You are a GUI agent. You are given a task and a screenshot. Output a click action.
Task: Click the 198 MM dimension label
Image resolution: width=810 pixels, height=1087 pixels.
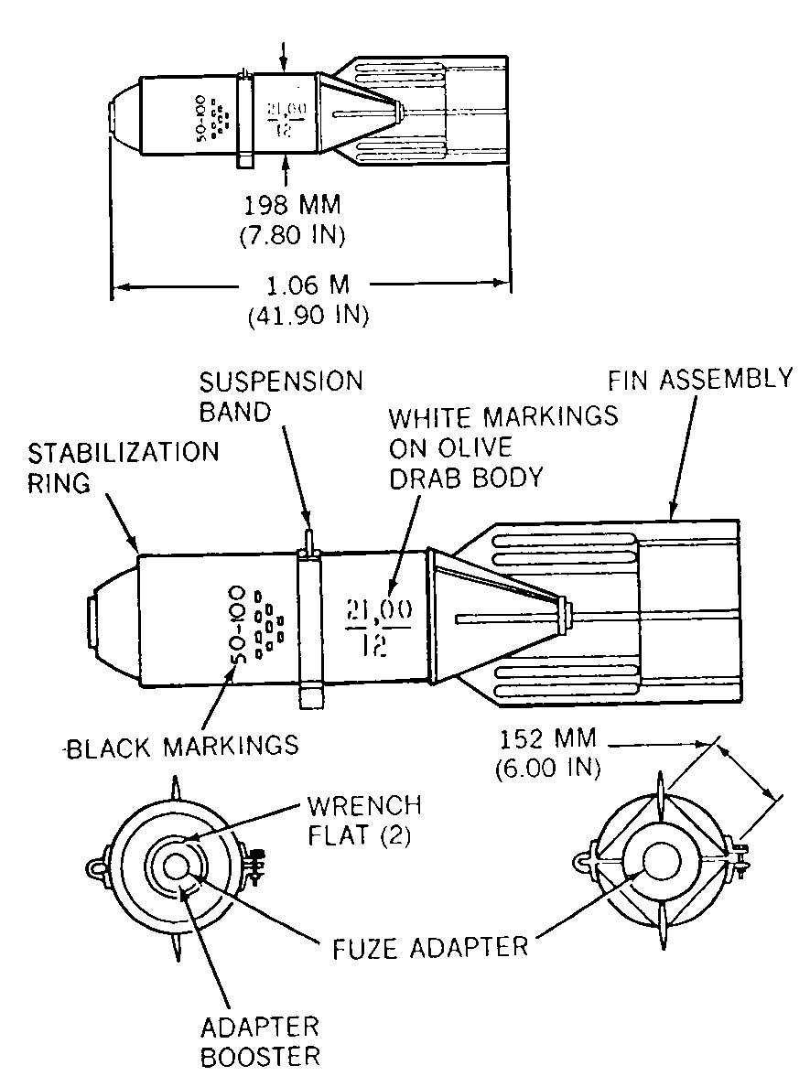(292, 205)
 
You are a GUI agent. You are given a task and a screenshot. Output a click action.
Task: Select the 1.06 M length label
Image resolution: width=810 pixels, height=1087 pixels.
(308, 285)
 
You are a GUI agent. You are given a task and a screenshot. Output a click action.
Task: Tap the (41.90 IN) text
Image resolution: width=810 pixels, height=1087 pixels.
(308, 316)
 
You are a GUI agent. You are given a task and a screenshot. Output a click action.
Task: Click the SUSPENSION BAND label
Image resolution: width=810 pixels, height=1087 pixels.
(281, 396)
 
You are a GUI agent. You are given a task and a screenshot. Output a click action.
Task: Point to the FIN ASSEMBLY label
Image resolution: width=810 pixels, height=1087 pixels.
(700, 379)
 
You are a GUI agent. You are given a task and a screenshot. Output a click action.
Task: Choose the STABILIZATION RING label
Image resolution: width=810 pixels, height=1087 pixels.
(123, 468)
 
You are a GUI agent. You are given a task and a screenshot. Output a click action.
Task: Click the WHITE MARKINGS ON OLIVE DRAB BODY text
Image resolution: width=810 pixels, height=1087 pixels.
(502, 447)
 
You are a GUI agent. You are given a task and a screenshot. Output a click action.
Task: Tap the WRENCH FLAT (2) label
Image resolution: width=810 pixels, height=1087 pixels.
(364, 820)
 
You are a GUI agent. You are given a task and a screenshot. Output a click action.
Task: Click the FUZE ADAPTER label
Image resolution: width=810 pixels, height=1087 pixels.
(430, 948)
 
